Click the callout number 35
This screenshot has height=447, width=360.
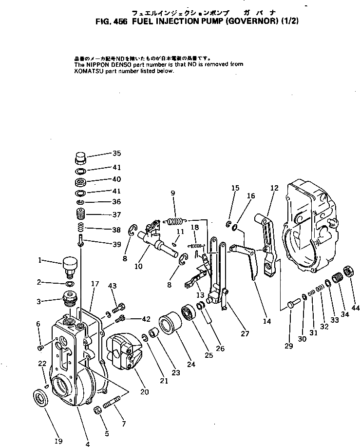coord(116,153)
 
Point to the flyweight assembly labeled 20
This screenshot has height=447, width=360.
coord(124,351)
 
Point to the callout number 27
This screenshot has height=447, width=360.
coord(245,333)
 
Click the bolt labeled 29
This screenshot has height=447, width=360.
coord(292,304)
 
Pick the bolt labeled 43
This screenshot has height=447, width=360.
coord(119,308)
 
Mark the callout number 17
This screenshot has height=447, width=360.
coord(95,283)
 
